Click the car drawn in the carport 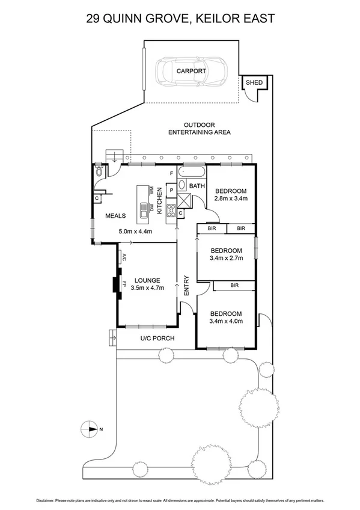point(191,71)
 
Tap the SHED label point(250,82)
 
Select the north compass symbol point(89,429)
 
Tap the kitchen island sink point(144,210)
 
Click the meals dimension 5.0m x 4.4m point(135,231)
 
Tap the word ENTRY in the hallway point(186,286)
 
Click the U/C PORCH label point(157,339)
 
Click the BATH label point(197,186)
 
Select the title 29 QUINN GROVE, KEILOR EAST point(180,19)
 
